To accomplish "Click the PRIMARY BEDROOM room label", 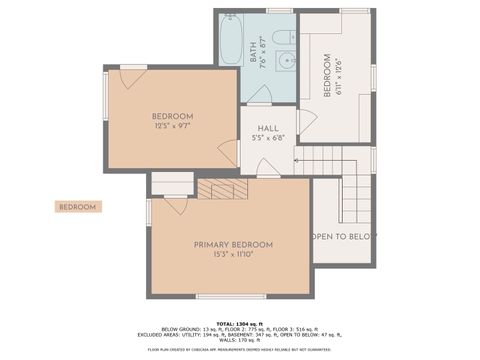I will pos(233,244).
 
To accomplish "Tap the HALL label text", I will pos(268,128).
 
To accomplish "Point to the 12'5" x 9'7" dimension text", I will pos(172,127).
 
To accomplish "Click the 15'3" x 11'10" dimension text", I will pos(233,255).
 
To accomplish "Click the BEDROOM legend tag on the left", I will pos(77,207).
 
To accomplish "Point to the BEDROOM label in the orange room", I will pos(172,116).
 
